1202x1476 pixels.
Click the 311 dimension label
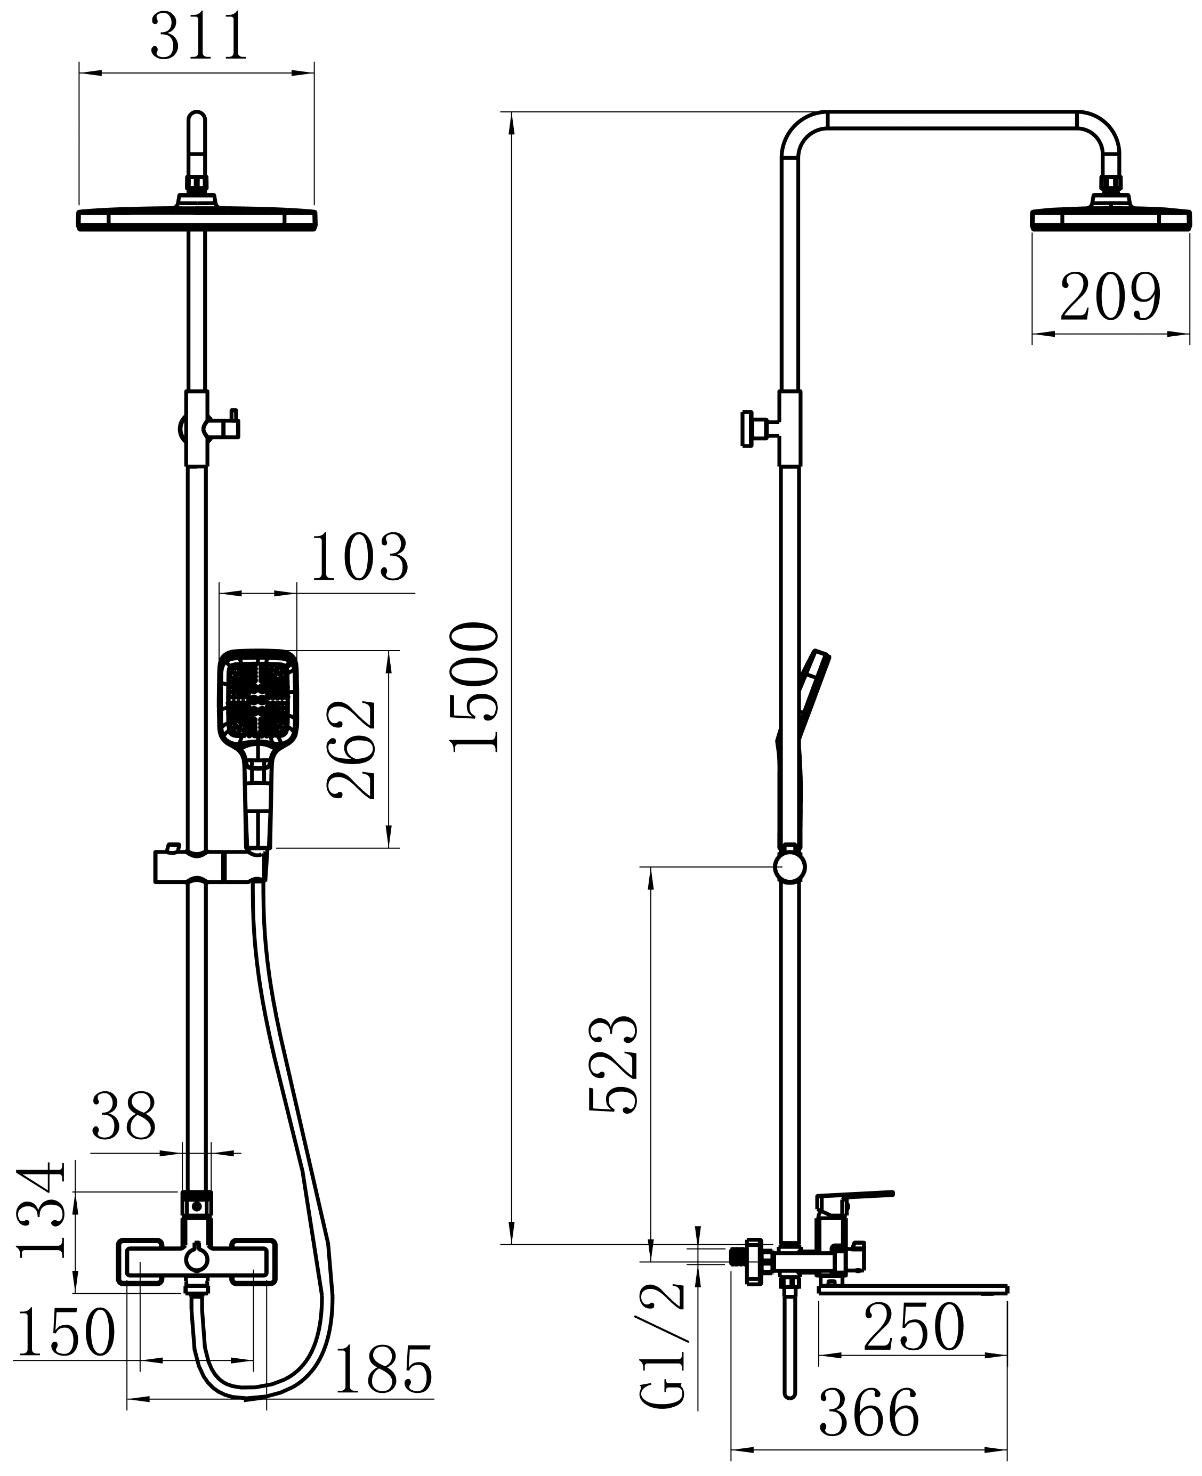(199, 37)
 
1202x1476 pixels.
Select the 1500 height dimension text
(474, 687)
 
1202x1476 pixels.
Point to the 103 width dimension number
(360, 557)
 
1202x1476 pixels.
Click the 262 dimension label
(352, 751)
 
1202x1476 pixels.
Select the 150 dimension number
(66, 1332)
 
